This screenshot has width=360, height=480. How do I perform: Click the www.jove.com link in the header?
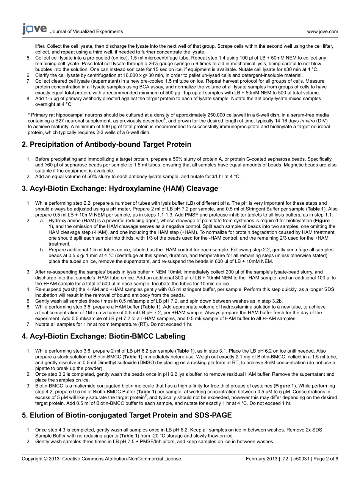click(x=322, y=32)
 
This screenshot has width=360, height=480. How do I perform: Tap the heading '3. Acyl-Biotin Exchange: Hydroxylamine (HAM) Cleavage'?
click(x=120, y=188)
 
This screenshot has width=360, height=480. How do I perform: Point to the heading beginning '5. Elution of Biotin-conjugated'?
click(x=127, y=415)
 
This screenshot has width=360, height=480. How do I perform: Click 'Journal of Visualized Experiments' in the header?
click(x=87, y=32)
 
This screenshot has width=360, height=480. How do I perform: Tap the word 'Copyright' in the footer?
click(x=32, y=459)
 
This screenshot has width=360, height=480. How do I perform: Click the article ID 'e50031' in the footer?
click(x=302, y=459)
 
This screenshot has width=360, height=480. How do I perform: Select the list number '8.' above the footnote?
click(x=28, y=99)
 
